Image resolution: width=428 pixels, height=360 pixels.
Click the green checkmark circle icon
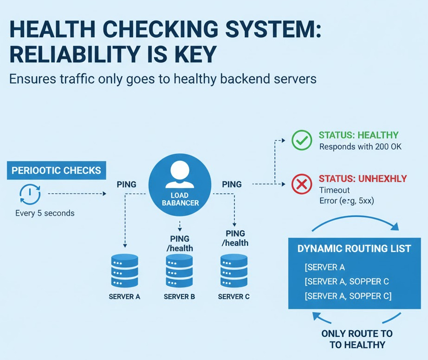tap(302, 140)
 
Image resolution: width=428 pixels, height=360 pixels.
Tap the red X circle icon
tap(302, 184)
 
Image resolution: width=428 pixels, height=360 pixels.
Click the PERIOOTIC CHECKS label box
tap(56, 170)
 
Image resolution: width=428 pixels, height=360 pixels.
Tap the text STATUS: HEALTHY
tap(358, 135)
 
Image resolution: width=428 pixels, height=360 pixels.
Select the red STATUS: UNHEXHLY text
tap(363, 179)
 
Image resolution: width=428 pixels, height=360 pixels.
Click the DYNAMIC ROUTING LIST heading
tap(354, 249)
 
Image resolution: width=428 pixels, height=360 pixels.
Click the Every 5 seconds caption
tap(45, 213)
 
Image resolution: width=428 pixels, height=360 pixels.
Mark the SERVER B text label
tap(179, 296)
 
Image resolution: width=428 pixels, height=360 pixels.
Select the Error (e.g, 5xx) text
tap(347, 201)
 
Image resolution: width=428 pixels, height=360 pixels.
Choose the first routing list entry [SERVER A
tap(324, 267)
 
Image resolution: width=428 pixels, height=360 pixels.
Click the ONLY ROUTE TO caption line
tap(357, 334)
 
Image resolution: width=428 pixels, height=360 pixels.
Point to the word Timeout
tap(334, 190)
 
